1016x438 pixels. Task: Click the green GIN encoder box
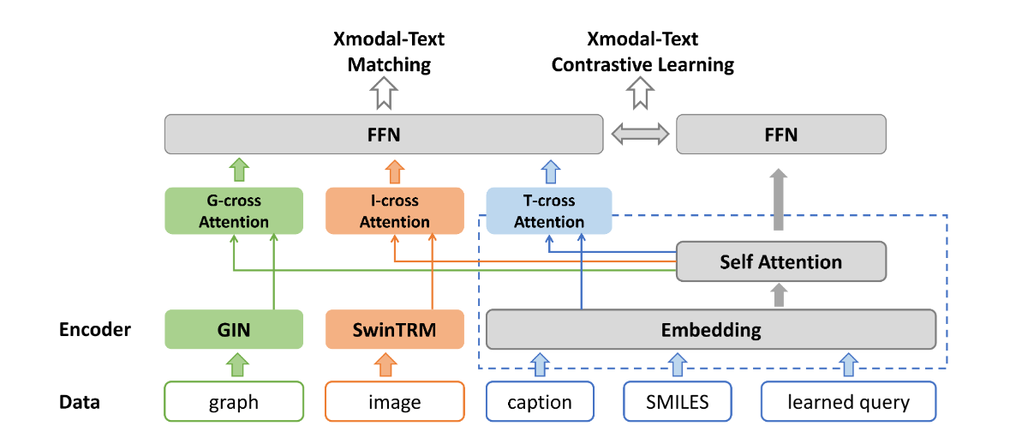(x=234, y=330)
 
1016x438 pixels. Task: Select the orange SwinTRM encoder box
(x=395, y=330)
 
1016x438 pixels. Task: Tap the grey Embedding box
(x=710, y=330)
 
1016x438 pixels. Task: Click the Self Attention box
(x=780, y=261)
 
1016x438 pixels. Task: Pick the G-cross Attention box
(x=234, y=211)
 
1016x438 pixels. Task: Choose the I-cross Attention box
(x=395, y=211)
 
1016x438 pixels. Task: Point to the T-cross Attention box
(x=548, y=211)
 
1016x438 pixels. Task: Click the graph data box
(x=234, y=402)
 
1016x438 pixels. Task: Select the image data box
(x=395, y=402)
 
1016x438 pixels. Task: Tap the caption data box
(x=540, y=402)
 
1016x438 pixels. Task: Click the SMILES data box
(x=677, y=402)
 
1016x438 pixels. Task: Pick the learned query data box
(x=848, y=402)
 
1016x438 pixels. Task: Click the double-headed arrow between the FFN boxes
(x=640, y=135)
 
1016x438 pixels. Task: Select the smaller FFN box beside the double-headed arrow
(x=780, y=135)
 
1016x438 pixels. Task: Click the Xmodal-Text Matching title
(x=389, y=52)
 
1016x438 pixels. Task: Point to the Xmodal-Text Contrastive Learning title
(x=642, y=52)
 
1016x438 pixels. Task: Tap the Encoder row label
(x=94, y=330)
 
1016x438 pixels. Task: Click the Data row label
(x=79, y=402)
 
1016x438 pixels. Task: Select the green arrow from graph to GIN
(x=234, y=366)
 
